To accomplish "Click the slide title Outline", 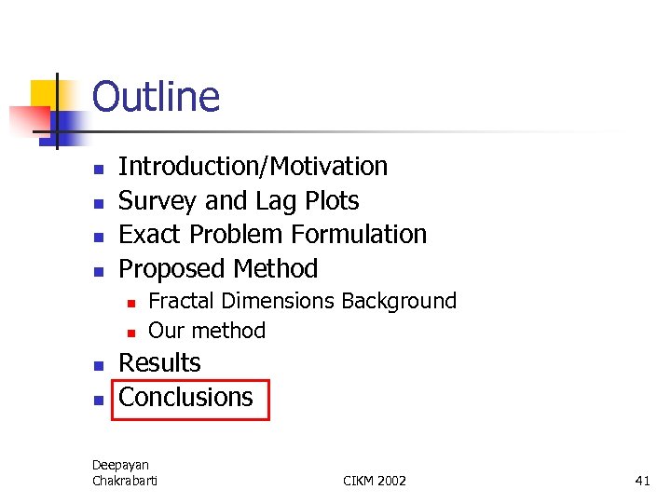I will coord(156,97).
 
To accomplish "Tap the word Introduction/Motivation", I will coord(253,167).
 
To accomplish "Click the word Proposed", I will coord(172,269).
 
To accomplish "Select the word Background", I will coord(399,302).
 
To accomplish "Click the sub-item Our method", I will coord(207,331).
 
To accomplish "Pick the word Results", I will coord(159,363).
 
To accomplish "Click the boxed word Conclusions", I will coord(186,398).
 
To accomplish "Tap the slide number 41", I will coord(642,481).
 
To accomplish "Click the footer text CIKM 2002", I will coord(375,481).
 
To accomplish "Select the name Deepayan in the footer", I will coord(120,465).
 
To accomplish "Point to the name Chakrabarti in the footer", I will coord(125,481).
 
